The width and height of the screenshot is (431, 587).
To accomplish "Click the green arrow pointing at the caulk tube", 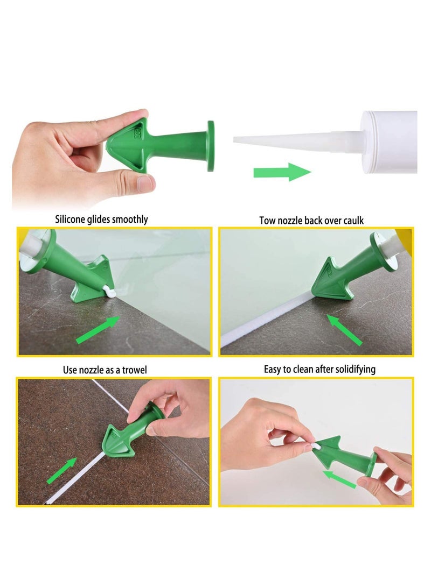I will click(x=282, y=172).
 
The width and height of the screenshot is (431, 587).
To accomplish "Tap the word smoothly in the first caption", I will click(x=129, y=220).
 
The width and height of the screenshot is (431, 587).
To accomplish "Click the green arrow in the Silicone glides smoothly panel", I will click(x=99, y=329).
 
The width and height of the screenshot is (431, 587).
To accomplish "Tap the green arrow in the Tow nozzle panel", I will click(x=345, y=329).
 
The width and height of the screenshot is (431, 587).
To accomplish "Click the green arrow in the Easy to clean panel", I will click(x=339, y=478).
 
